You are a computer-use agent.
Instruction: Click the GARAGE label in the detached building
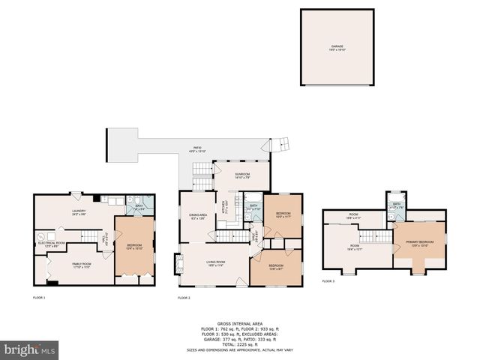[337, 47]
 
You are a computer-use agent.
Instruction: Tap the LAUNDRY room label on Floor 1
[79, 212]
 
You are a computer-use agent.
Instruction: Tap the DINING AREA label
[198, 217]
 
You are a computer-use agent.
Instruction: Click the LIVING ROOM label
[216, 263]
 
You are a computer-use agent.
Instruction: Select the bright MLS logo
[30, 349]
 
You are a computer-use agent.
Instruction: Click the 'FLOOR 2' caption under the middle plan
[184, 298]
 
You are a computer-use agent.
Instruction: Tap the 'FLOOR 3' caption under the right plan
[328, 281]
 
